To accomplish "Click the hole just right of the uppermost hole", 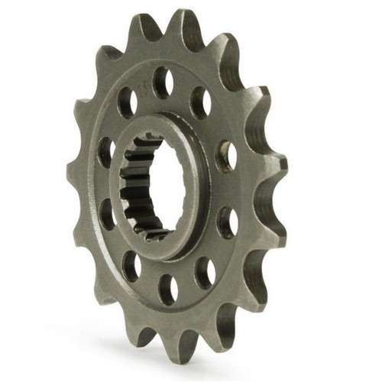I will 200,101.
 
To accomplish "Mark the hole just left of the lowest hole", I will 131,264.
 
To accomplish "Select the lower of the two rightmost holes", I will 226,222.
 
